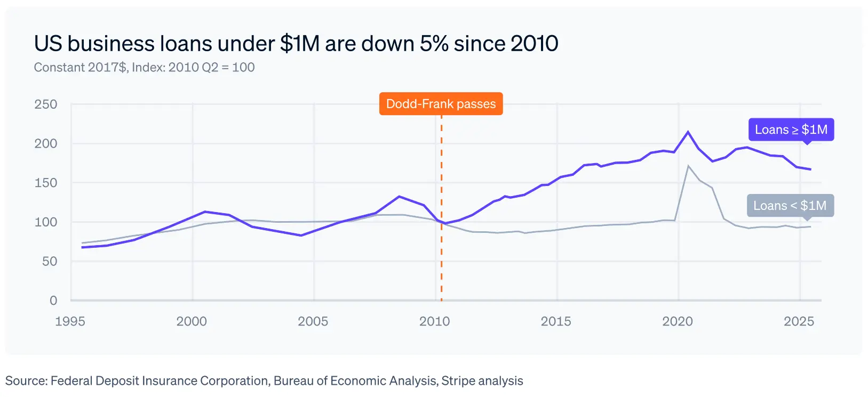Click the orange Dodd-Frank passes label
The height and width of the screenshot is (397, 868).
point(441,104)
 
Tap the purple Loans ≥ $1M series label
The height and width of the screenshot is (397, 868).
point(791,129)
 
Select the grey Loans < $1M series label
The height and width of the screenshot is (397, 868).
point(790,206)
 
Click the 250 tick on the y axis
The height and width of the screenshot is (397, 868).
point(46,104)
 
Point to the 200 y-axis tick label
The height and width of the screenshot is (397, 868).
point(46,143)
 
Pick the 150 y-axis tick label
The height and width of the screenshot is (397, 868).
point(46,183)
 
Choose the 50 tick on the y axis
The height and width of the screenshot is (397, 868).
point(50,261)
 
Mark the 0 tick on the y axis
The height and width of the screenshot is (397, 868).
point(53,301)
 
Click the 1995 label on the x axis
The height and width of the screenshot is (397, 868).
point(70,321)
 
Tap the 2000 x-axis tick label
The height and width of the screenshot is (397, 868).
point(192,321)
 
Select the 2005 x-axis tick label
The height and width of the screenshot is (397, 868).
point(313,321)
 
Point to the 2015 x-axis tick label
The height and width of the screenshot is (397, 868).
point(556,321)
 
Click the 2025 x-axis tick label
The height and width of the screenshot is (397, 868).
point(799,321)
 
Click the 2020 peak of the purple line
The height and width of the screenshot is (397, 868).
point(688,132)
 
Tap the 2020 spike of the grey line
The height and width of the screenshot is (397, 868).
point(688,166)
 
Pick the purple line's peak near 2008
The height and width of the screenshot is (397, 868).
point(400,197)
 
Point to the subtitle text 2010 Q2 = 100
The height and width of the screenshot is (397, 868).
point(211,68)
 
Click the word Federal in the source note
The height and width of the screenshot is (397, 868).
point(70,381)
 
